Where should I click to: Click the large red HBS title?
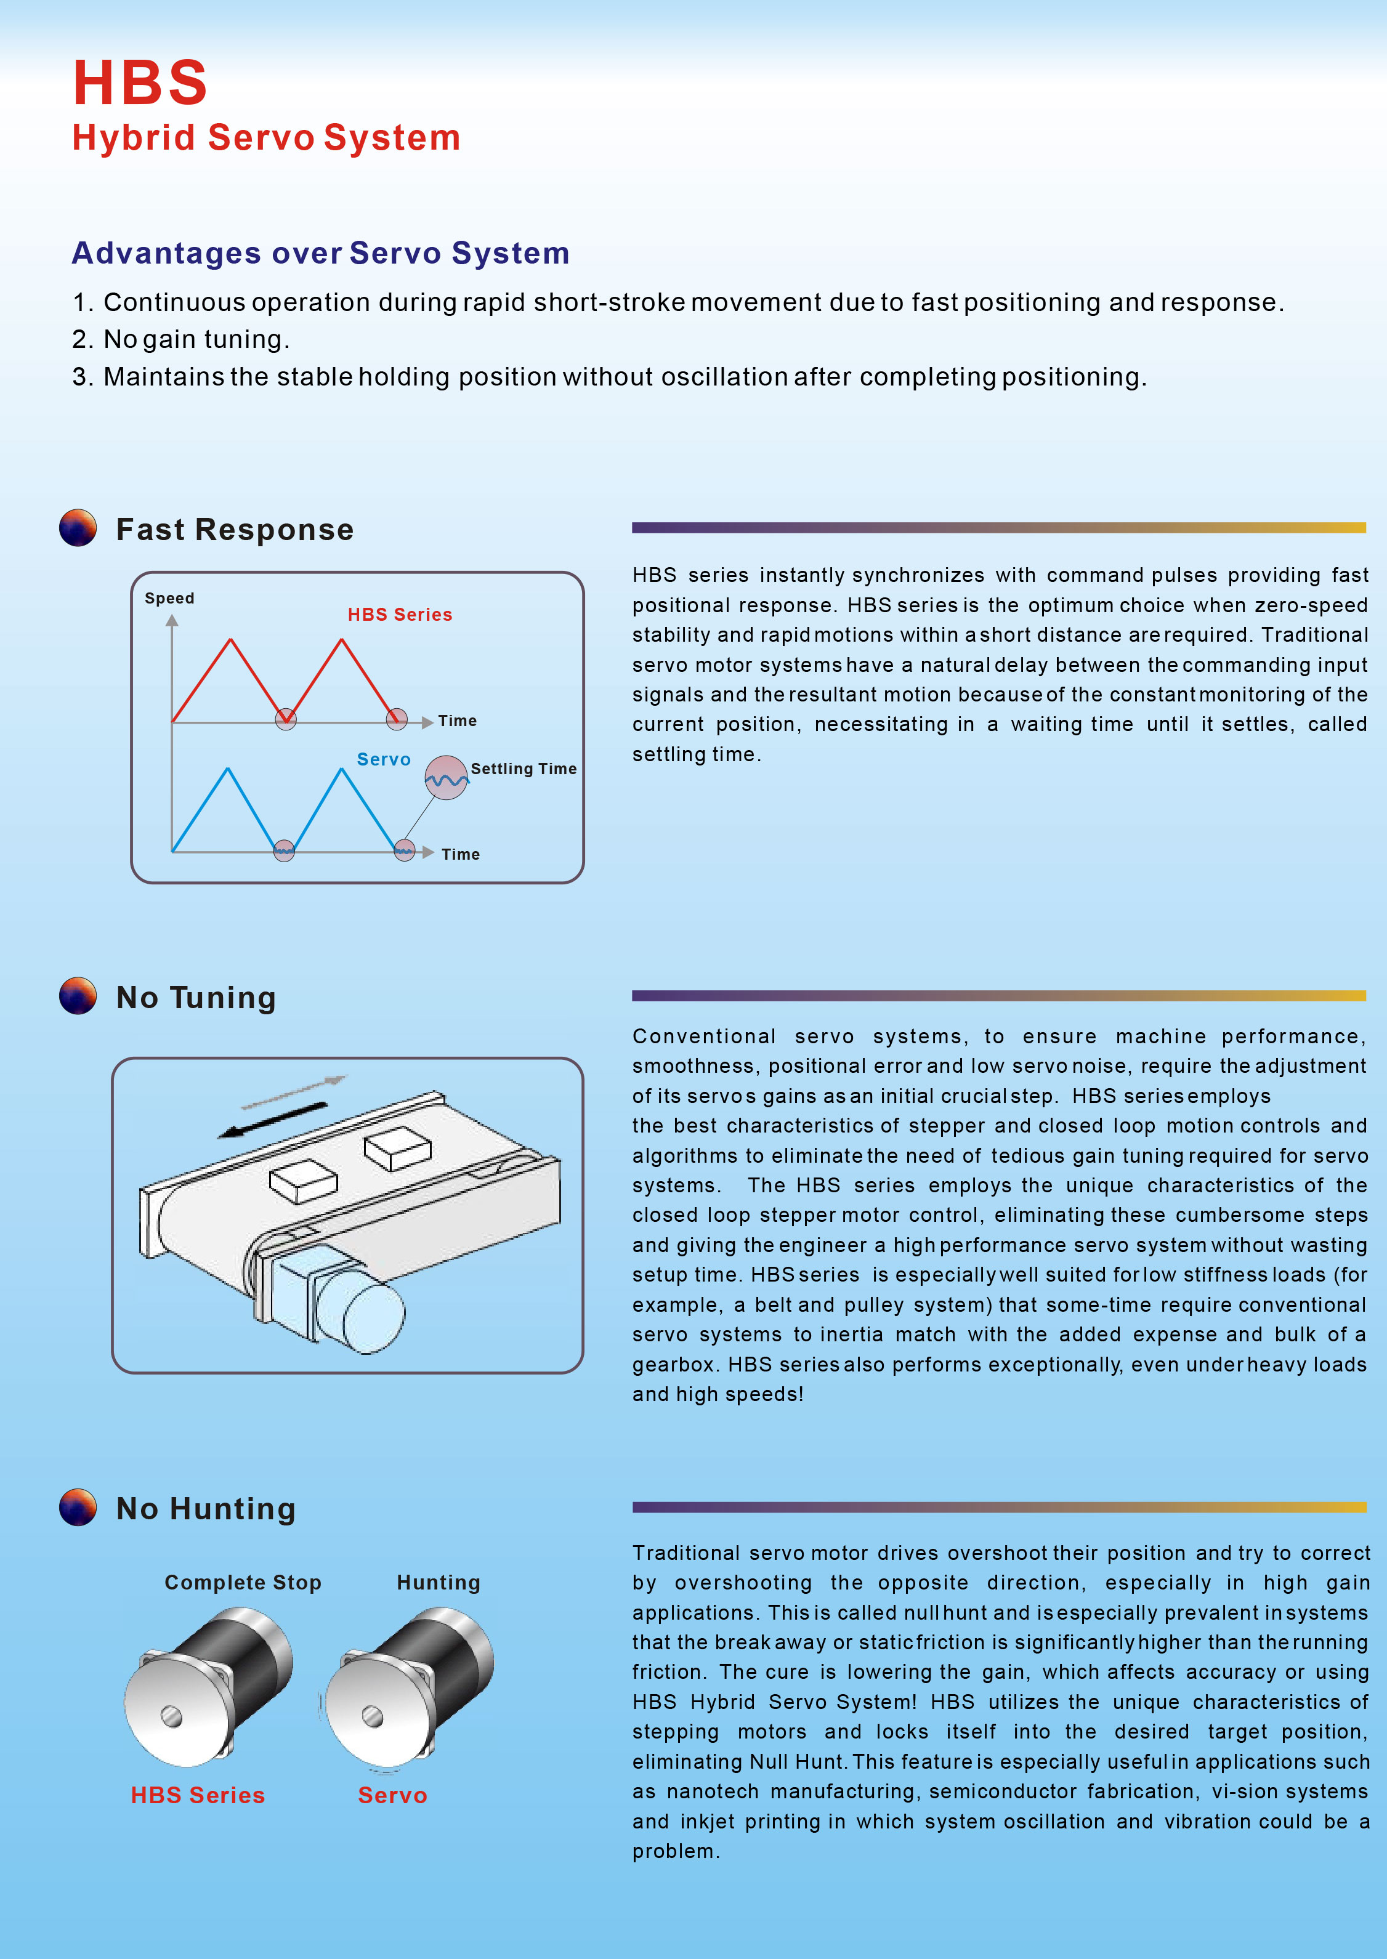[x=140, y=83]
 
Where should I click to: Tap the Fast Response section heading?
[x=235, y=530]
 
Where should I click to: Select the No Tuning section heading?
[x=196, y=998]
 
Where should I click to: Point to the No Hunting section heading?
[x=206, y=1509]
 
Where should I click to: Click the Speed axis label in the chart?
[x=169, y=598]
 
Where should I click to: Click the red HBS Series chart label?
[x=400, y=615]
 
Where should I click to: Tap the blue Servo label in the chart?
[x=384, y=759]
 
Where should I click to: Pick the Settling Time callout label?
[x=524, y=769]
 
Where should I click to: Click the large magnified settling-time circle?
[x=446, y=778]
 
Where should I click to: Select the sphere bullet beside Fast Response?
[x=78, y=528]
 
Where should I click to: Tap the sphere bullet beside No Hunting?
[x=78, y=1507]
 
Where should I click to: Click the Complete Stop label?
[x=243, y=1582]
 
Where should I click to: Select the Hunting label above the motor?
[x=438, y=1582]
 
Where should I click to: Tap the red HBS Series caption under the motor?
[x=197, y=1795]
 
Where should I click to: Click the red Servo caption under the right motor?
[x=392, y=1795]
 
